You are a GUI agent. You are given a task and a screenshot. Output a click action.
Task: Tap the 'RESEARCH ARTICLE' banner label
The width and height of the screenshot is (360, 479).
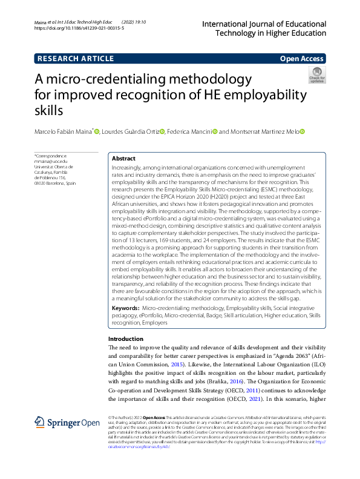pos(76,59)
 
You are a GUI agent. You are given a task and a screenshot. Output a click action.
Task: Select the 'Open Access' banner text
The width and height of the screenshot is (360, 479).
pos(302,59)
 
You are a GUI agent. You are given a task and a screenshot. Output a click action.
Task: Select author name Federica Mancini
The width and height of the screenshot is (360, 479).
pos(191,131)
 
